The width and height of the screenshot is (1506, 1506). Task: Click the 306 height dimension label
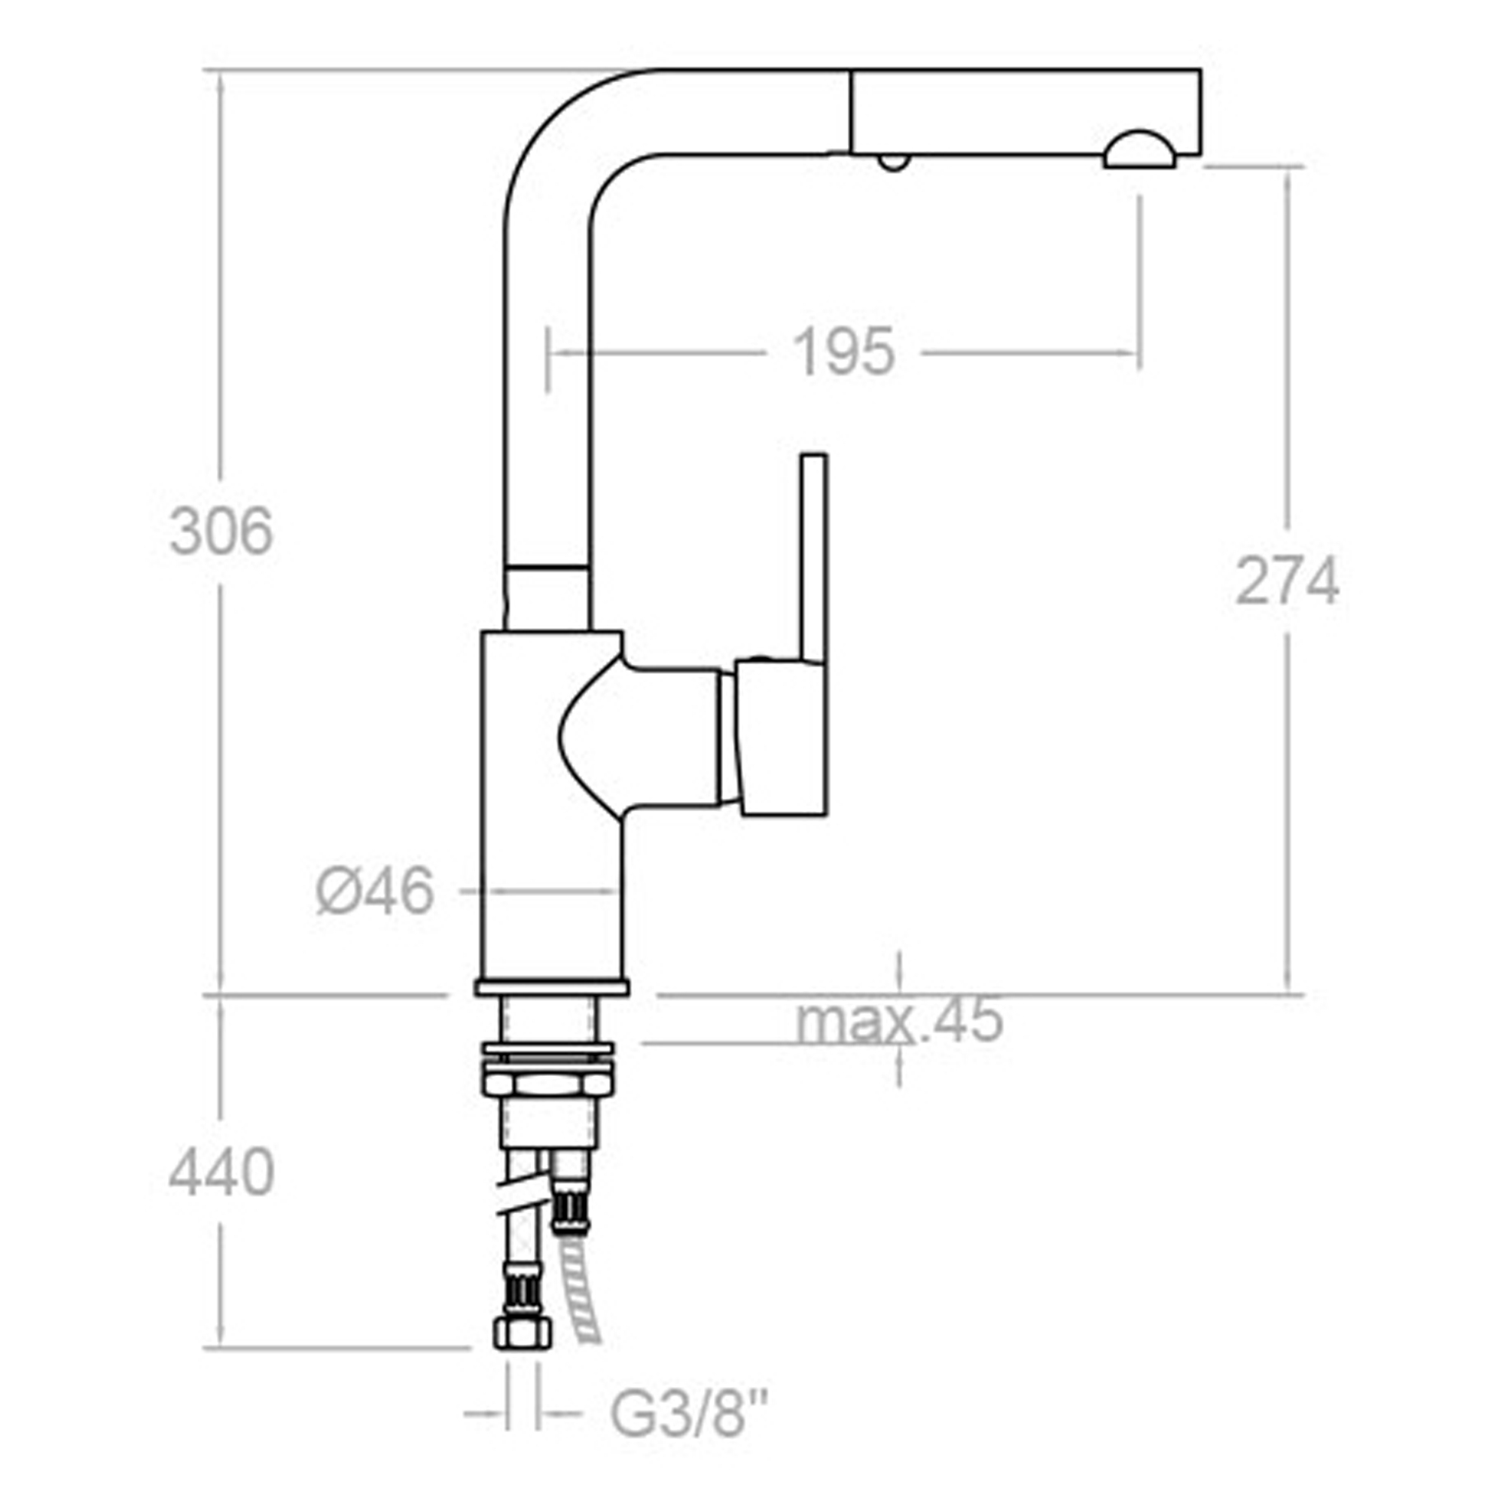click(x=221, y=532)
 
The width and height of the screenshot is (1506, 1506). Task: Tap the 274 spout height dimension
click(x=1287, y=581)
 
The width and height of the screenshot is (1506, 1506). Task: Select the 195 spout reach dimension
click(x=843, y=352)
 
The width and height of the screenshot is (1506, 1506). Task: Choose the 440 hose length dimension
click(x=221, y=1173)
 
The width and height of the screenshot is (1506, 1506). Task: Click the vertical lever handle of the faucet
click(x=813, y=558)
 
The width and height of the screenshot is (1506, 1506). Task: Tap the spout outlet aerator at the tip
click(x=1139, y=150)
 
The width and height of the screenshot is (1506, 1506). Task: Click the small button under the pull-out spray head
click(x=892, y=162)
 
